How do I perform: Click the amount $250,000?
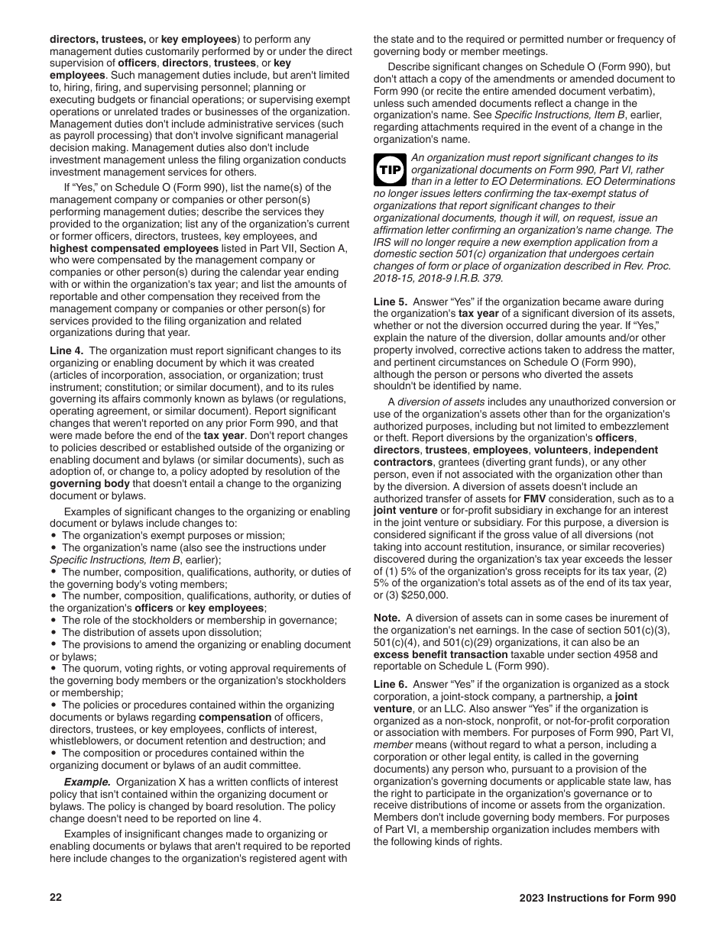[427, 595]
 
